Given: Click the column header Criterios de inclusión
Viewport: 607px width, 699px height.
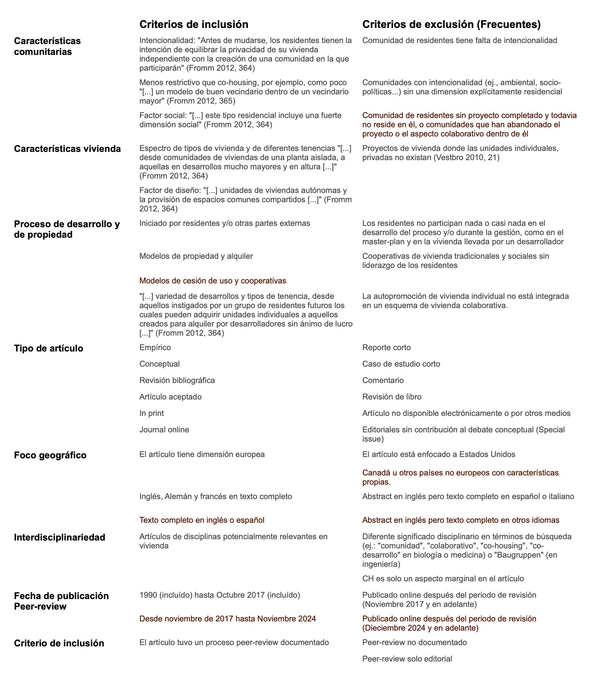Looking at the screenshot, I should coord(194,24).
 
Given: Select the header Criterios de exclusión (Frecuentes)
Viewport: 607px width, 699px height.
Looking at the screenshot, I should coord(451,24).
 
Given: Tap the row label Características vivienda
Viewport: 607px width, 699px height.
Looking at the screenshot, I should coord(67,149).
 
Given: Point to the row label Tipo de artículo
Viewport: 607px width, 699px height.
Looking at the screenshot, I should coord(48,348).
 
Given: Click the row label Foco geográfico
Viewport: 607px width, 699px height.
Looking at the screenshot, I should coord(50,455).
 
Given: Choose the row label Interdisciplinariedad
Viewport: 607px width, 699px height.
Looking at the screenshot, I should coord(60,537).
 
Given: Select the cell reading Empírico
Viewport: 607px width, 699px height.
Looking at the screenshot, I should coord(155,348).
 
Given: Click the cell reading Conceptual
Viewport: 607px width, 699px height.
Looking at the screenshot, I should coord(159,364).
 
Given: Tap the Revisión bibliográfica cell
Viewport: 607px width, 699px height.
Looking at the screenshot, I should coord(177,380).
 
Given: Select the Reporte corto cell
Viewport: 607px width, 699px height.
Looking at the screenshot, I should coord(386,348).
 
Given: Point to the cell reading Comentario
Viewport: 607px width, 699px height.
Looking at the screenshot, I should coord(383,380).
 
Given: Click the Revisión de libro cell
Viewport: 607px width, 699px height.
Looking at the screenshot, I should coord(392,397).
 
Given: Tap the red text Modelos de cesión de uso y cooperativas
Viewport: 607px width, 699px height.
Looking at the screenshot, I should coord(213,281).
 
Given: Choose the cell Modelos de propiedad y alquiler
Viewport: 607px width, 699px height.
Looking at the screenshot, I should coord(196,256).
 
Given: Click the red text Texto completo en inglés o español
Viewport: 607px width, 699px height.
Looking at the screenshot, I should coord(202,520).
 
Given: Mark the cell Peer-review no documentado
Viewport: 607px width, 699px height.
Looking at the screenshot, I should coord(415,642).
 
